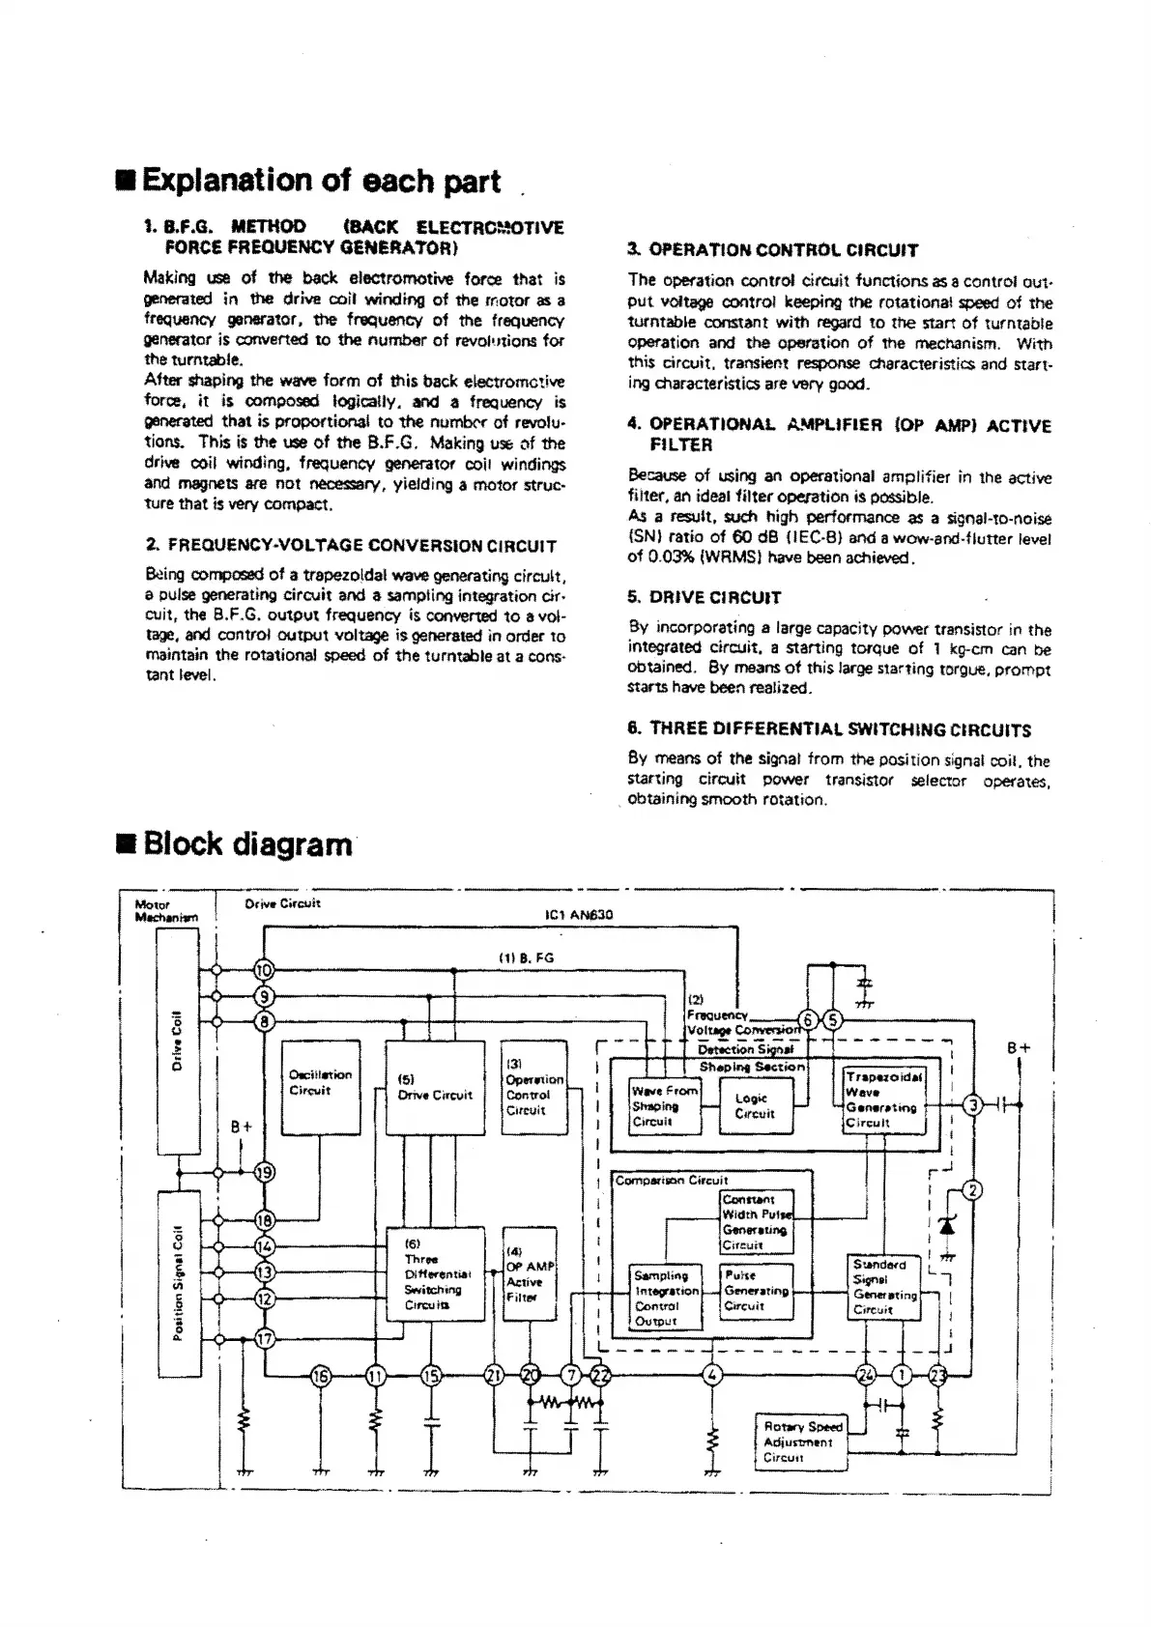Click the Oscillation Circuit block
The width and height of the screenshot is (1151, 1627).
[x=320, y=1087]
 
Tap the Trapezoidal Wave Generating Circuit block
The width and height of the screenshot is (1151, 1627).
[x=884, y=1099]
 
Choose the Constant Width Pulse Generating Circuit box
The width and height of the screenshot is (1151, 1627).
[x=757, y=1222]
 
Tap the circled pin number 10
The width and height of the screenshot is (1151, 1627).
[x=264, y=970]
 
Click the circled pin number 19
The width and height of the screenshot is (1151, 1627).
[x=264, y=1173]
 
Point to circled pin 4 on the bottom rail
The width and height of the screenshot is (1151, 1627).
[x=712, y=1375]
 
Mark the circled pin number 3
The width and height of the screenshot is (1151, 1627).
[x=975, y=1105]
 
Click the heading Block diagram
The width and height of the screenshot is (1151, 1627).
[x=246, y=843]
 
